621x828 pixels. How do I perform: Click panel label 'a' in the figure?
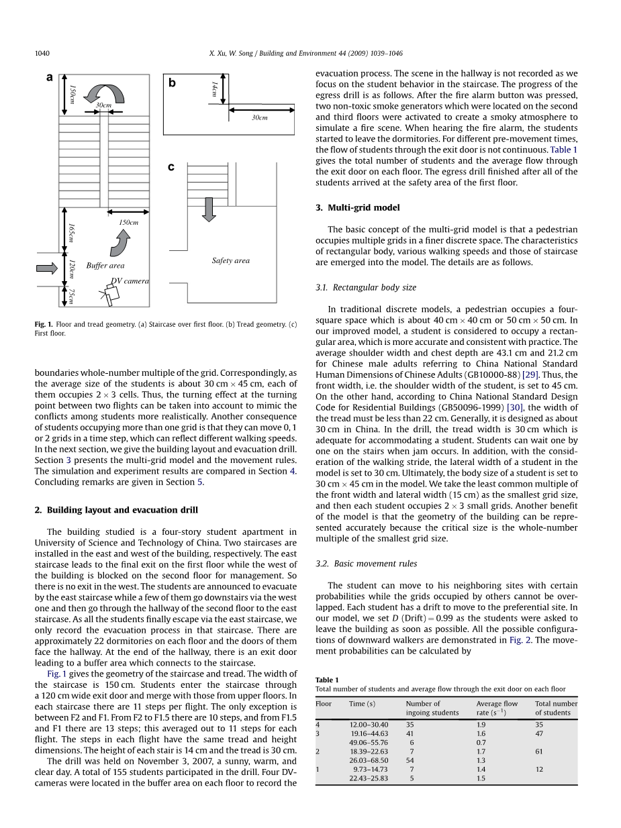coord(49,78)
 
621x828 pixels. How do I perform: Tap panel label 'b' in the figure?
coord(172,83)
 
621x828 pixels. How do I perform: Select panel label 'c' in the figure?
coord(171,167)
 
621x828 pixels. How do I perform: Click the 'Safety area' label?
coord(230,260)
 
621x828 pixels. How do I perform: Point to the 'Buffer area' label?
coord(105,266)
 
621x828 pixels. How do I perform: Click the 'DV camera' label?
coord(130,281)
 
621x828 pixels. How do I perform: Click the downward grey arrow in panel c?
coord(209,209)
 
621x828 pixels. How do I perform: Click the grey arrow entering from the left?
coord(47,268)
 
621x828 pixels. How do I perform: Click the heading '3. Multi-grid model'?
coord(357,208)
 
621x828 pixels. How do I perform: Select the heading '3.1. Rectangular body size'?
coord(366,288)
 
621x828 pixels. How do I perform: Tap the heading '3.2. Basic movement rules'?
coord(366,564)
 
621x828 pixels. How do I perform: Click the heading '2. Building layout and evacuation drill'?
coord(116,510)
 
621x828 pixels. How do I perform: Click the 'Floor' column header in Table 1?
coord(324,704)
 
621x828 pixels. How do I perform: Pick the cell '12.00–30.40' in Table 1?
coord(369,725)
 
